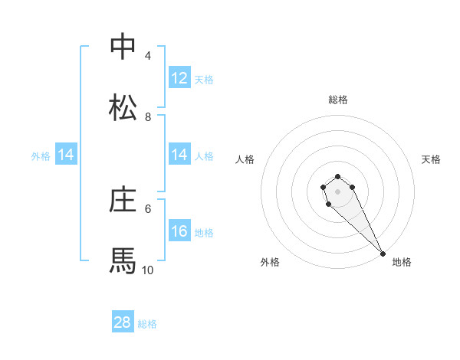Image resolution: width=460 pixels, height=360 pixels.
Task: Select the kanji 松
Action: coord(123,107)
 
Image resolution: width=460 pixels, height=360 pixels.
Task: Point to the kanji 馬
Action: coord(123,260)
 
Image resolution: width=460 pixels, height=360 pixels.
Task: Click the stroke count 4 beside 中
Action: coord(147,56)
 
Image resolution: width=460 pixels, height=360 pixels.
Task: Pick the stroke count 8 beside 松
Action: coord(147,117)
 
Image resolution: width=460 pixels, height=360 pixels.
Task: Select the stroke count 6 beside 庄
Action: coord(147,208)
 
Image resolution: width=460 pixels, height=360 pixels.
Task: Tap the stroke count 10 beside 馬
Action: coord(147,270)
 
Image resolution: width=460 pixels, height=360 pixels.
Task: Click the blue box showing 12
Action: coord(179,78)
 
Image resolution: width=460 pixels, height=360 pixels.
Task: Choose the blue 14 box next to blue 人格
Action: coord(179,155)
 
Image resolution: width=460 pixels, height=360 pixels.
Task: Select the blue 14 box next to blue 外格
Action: coord(66,155)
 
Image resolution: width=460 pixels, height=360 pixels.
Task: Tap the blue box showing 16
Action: coord(179,231)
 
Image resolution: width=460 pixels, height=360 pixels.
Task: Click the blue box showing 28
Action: coord(123,322)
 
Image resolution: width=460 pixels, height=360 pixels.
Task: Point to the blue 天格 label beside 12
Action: coord(204,80)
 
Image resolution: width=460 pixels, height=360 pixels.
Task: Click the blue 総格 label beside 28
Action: coord(147,324)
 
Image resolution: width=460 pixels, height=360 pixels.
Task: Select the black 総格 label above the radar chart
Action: coord(338,100)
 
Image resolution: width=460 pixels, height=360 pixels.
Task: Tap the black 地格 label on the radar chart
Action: coord(402,262)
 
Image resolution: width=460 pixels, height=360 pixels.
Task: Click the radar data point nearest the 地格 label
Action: coord(383,254)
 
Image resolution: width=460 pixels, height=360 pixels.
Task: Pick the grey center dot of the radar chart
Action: coord(337,191)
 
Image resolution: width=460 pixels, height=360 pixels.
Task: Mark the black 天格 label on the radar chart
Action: coord(431,159)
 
